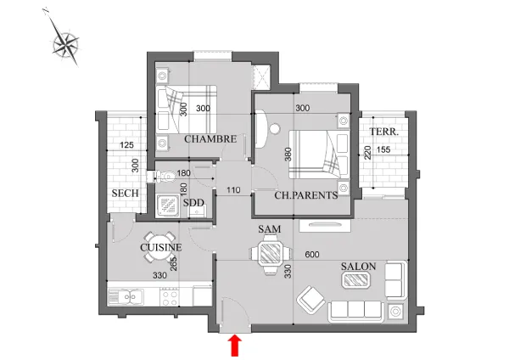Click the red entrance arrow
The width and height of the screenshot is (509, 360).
pyautogui.click(x=235, y=346)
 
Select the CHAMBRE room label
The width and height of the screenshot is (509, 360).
pyautogui.click(x=210, y=139)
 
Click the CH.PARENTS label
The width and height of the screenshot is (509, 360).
pyautogui.click(x=306, y=195)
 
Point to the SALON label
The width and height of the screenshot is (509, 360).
pyautogui.click(x=358, y=267)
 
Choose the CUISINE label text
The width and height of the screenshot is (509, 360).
pyautogui.click(x=160, y=248)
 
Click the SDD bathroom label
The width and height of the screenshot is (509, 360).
pyautogui.click(x=193, y=203)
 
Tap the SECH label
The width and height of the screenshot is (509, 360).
pyautogui.click(x=125, y=194)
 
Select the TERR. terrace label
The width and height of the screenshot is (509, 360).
pyautogui.click(x=384, y=132)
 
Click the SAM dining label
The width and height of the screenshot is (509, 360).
pyautogui.click(x=270, y=229)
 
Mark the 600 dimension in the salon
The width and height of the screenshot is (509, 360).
pyautogui.click(x=312, y=255)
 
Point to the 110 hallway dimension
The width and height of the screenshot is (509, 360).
pyautogui.click(x=233, y=190)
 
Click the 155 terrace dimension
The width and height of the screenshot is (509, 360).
pyautogui.click(x=383, y=149)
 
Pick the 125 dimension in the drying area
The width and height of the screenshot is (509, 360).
pyautogui.click(x=126, y=145)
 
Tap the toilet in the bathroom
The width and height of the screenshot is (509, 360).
pyautogui.click(x=161, y=177)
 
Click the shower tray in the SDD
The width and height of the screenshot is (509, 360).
pyautogui.click(x=167, y=205)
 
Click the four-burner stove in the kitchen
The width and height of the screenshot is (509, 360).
pyautogui.click(x=169, y=296)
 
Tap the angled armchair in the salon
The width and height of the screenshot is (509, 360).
pyautogui.click(x=310, y=300)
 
